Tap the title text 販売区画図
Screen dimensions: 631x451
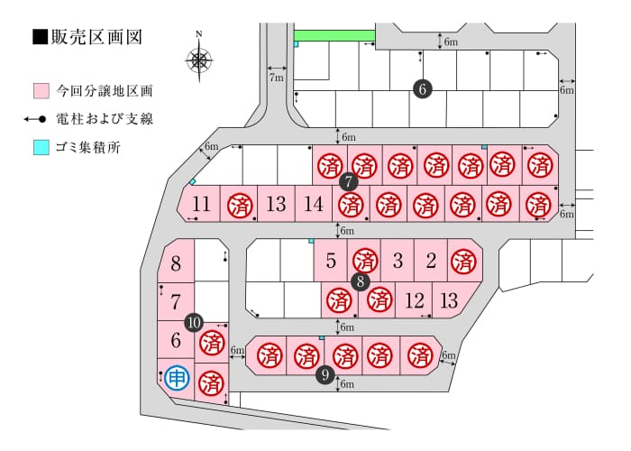click(x=96, y=38)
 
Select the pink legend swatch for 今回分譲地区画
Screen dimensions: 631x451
click(x=41, y=91)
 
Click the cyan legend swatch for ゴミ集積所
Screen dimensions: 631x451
click(x=41, y=147)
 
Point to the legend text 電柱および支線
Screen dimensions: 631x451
click(x=105, y=119)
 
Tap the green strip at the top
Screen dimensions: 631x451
click(x=334, y=35)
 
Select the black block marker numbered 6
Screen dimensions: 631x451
click(x=422, y=89)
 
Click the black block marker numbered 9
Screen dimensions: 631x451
click(x=325, y=375)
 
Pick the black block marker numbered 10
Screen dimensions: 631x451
click(x=194, y=323)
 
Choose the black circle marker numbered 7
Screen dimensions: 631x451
click(x=349, y=182)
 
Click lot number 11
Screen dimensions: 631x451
click(x=201, y=204)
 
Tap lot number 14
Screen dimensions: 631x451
click(x=314, y=204)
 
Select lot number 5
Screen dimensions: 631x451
click(x=331, y=261)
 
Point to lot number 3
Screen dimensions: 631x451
click(x=398, y=261)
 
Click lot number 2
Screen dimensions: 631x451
click(x=431, y=261)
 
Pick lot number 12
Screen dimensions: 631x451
click(x=414, y=300)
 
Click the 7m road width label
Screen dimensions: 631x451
click(x=277, y=78)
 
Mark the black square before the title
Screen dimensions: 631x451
click(x=41, y=38)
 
